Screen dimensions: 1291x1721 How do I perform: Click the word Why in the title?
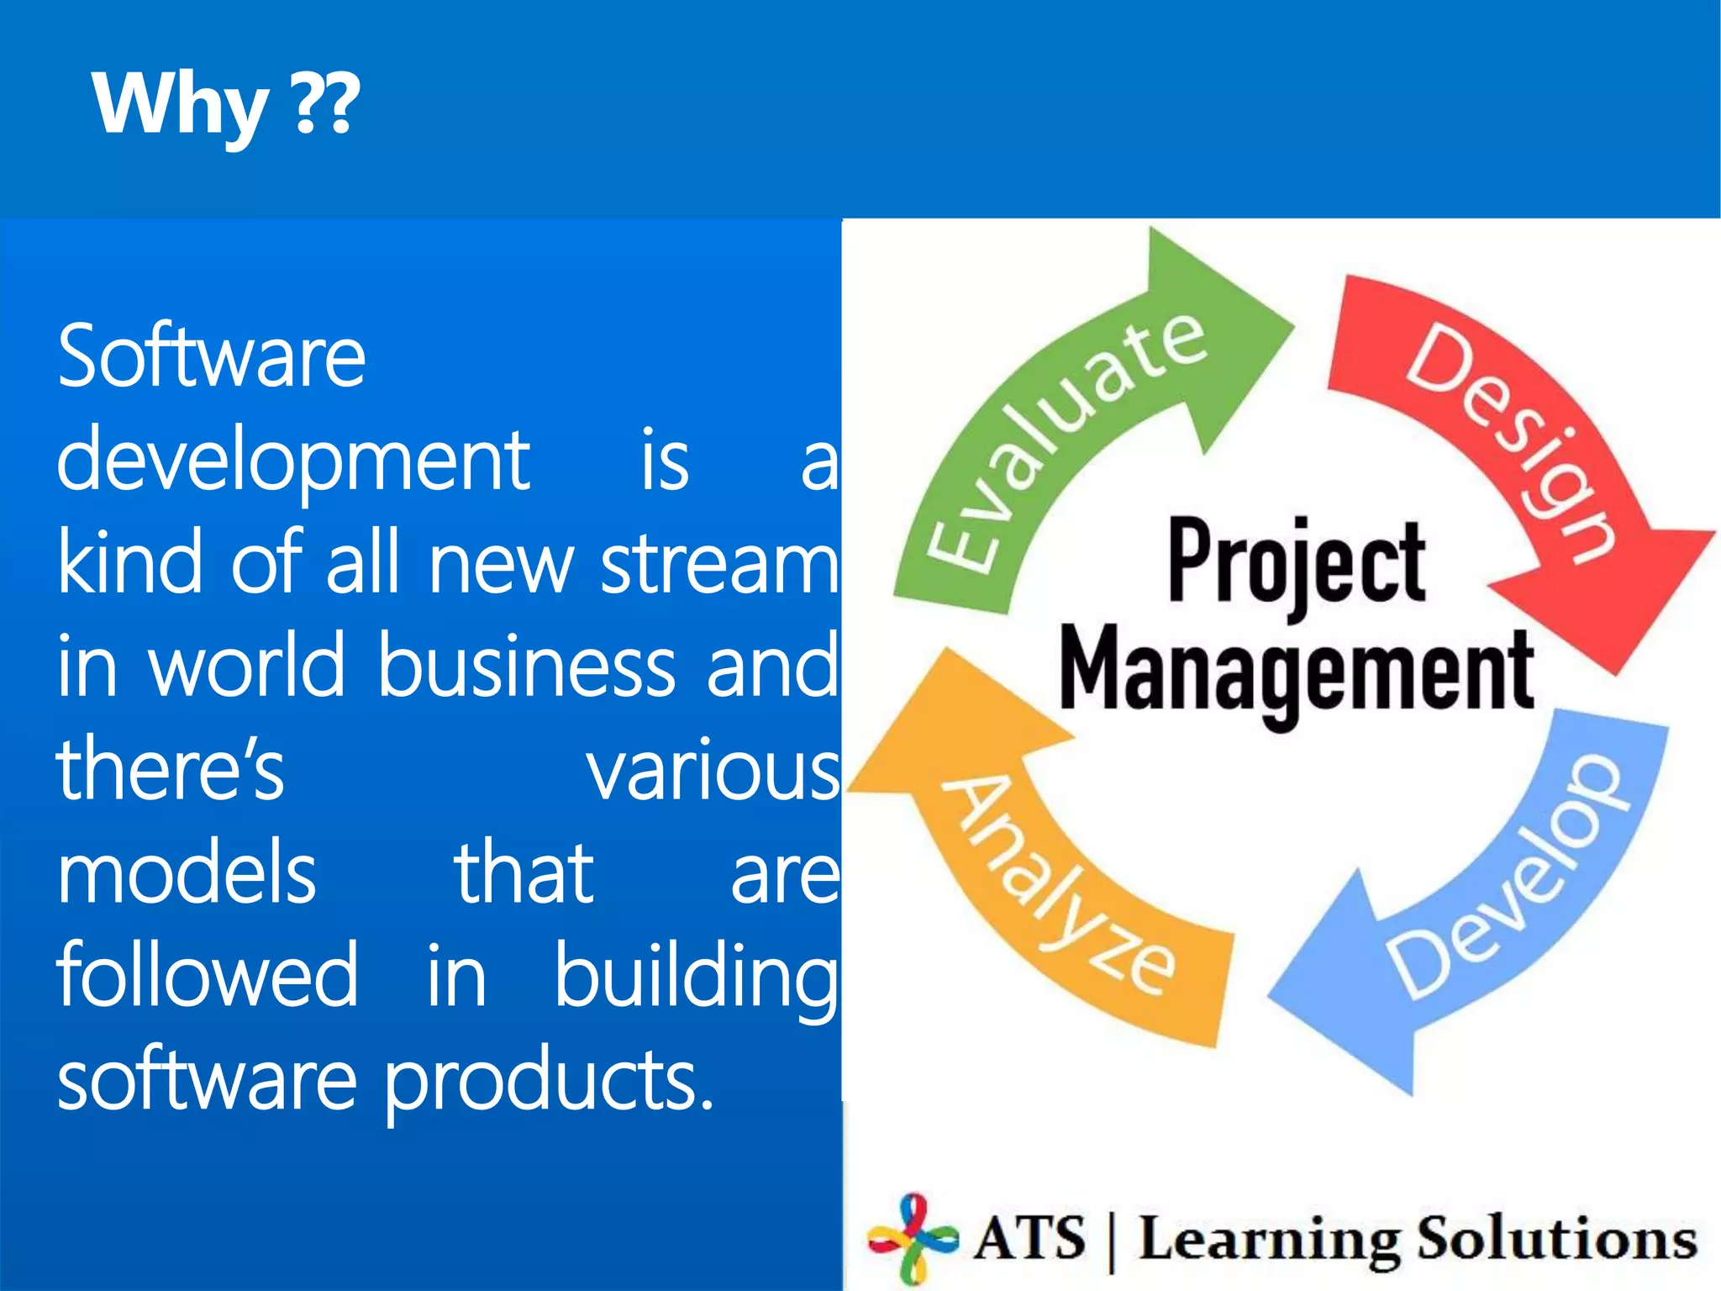[180, 104]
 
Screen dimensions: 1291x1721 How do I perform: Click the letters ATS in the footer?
[1030, 1238]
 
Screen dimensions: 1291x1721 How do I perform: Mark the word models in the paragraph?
[187, 874]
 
